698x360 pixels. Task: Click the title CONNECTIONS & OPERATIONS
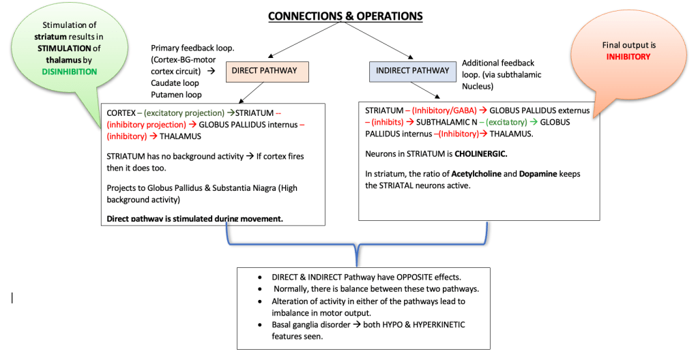345,16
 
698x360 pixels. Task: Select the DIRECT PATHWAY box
268,71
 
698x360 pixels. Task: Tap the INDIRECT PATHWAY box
413,70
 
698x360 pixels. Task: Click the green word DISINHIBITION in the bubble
69,72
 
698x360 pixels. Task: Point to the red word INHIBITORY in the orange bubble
628,57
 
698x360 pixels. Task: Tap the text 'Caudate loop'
175,83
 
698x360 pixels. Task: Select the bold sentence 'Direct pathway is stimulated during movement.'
195,219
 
